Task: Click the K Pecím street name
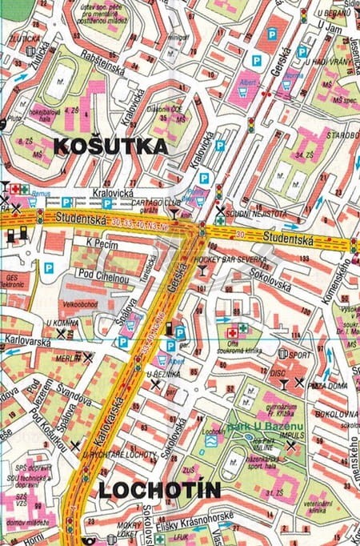pyautogui.click(x=102, y=242)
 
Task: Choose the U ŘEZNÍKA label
pyautogui.click(x=163, y=374)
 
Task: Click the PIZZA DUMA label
pyautogui.click(x=327, y=385)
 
